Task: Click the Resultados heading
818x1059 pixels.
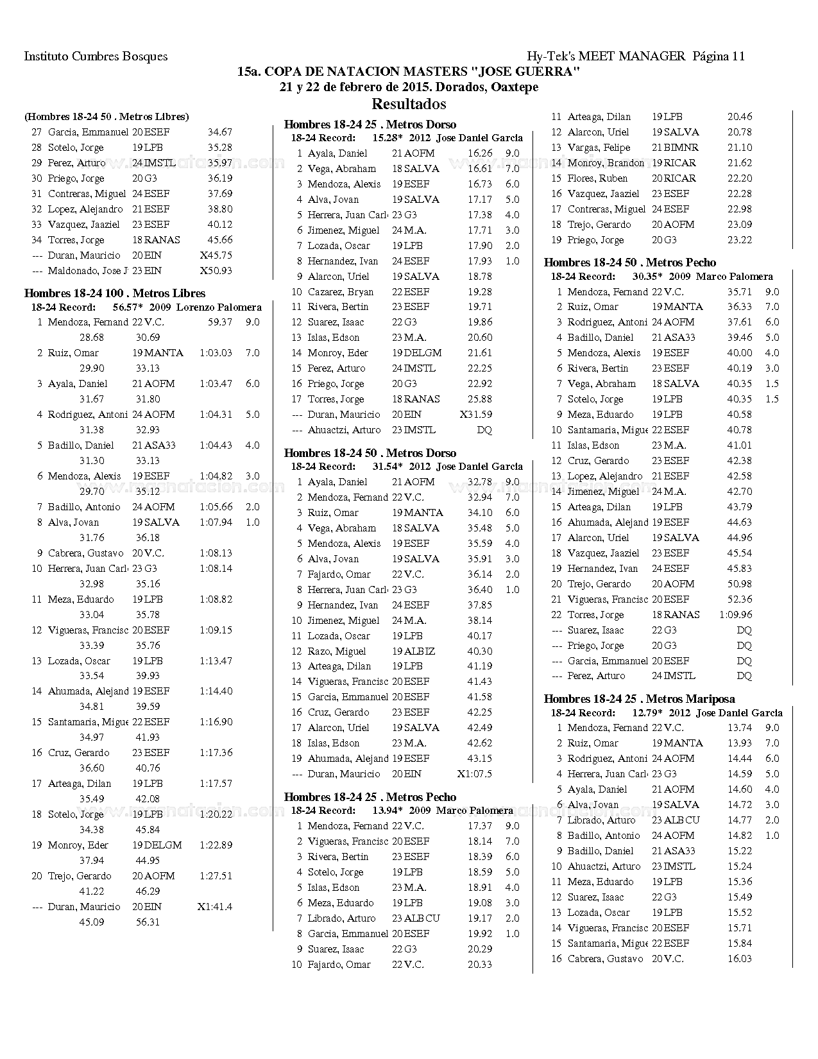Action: (x=409, y=103)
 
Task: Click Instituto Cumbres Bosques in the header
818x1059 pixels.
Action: (x=96, y=56)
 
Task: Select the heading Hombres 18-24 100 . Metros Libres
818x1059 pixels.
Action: (x=115, y=293)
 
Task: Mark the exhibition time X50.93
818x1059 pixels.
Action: (x=216, y=271)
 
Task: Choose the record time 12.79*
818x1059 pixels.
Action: (x=647, y=713)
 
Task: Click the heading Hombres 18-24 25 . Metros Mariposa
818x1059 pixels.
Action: (x=639, y=699)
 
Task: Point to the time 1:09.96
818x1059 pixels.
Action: (x=736, y=615)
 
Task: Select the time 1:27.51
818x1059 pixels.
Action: (x=216, y=876)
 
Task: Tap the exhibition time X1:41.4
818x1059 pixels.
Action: (x=215, y=907)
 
